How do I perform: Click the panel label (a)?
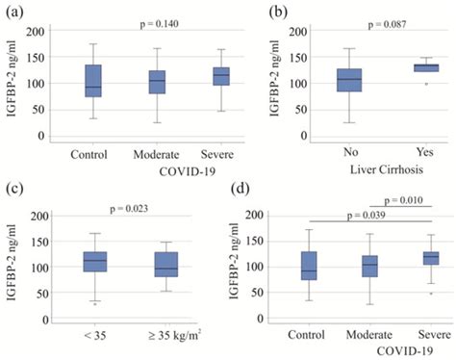click(x=13, y=12)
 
